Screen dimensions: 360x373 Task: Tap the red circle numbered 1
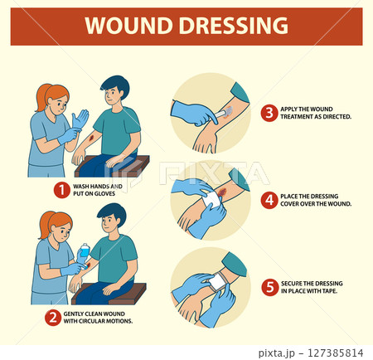point(61,190)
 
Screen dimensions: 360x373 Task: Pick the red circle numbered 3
point(269,113)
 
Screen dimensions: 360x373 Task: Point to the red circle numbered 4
point(269,199)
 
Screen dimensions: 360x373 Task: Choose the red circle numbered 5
point(269,287)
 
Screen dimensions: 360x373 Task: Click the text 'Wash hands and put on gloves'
point(98,191)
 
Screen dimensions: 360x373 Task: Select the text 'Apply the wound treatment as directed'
point(316,113)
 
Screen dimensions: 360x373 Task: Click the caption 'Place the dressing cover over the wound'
point(316,199)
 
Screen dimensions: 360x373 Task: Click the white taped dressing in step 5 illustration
point(219,282)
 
